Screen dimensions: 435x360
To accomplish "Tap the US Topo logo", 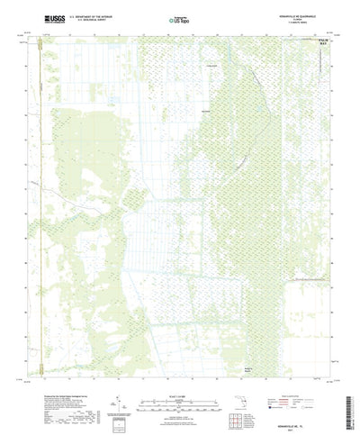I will pyautogui.click(x=179, y=18).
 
